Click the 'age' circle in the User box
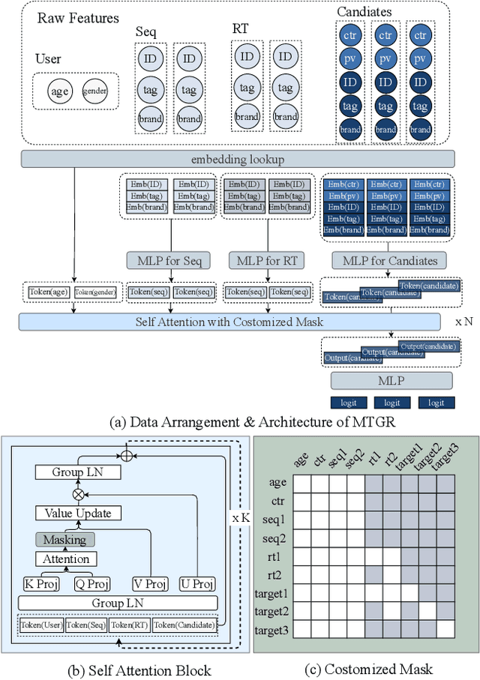tap(58, 91)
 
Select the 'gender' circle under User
tap(96, 91)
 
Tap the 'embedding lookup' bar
tap(238, 158)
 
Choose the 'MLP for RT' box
tap(268, 261)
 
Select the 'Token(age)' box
tap(49, 292)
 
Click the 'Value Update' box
tap(77, 514)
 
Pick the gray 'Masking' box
tap(64, 540)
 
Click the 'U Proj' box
tap(196, 584)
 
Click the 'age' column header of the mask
tap(300, 461)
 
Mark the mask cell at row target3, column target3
tap(446, 628)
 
